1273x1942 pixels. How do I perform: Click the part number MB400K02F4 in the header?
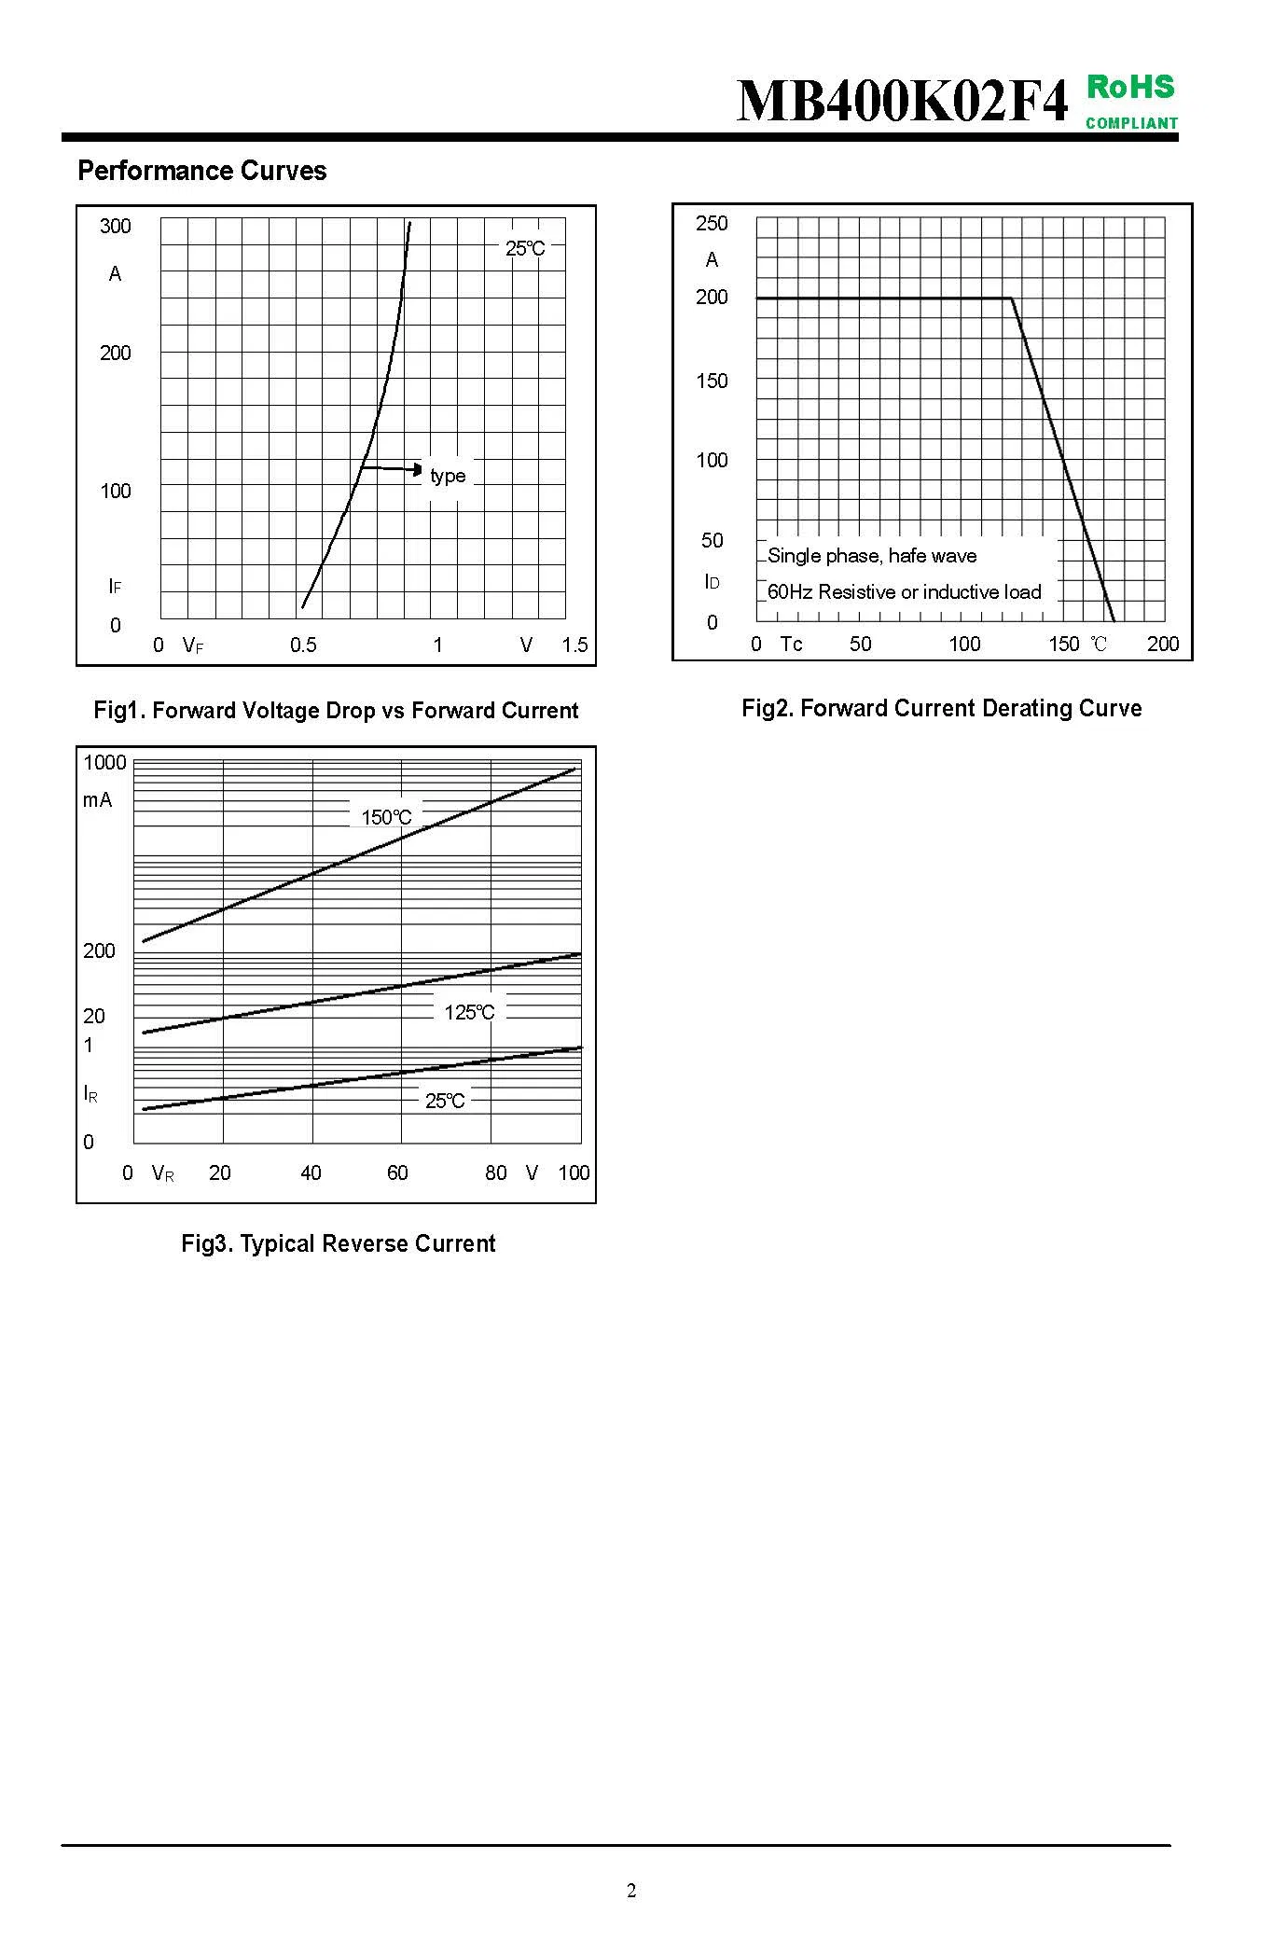902,101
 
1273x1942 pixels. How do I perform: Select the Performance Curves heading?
202,171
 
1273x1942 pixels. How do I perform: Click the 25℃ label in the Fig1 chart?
525,248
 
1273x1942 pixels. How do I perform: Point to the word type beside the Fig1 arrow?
448,476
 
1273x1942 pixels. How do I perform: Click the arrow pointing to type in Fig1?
393,468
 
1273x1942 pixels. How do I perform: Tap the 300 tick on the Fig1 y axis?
116,226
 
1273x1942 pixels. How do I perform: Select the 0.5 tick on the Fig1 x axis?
303,645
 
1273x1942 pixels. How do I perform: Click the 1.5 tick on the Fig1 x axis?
574,645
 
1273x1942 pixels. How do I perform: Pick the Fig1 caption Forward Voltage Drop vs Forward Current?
336,711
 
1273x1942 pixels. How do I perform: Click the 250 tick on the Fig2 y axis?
712,223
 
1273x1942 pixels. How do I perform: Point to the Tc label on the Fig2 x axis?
791,644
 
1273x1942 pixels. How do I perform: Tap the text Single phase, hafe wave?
872,556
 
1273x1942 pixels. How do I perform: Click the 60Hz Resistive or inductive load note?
904,591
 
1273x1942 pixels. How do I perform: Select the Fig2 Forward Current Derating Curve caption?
941,708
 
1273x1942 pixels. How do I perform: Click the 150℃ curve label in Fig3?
386,817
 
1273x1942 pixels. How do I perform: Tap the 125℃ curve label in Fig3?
469,1012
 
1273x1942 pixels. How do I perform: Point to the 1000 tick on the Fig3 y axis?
104,762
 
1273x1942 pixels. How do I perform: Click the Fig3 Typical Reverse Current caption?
338,1243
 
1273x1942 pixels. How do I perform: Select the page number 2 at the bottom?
631,1891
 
